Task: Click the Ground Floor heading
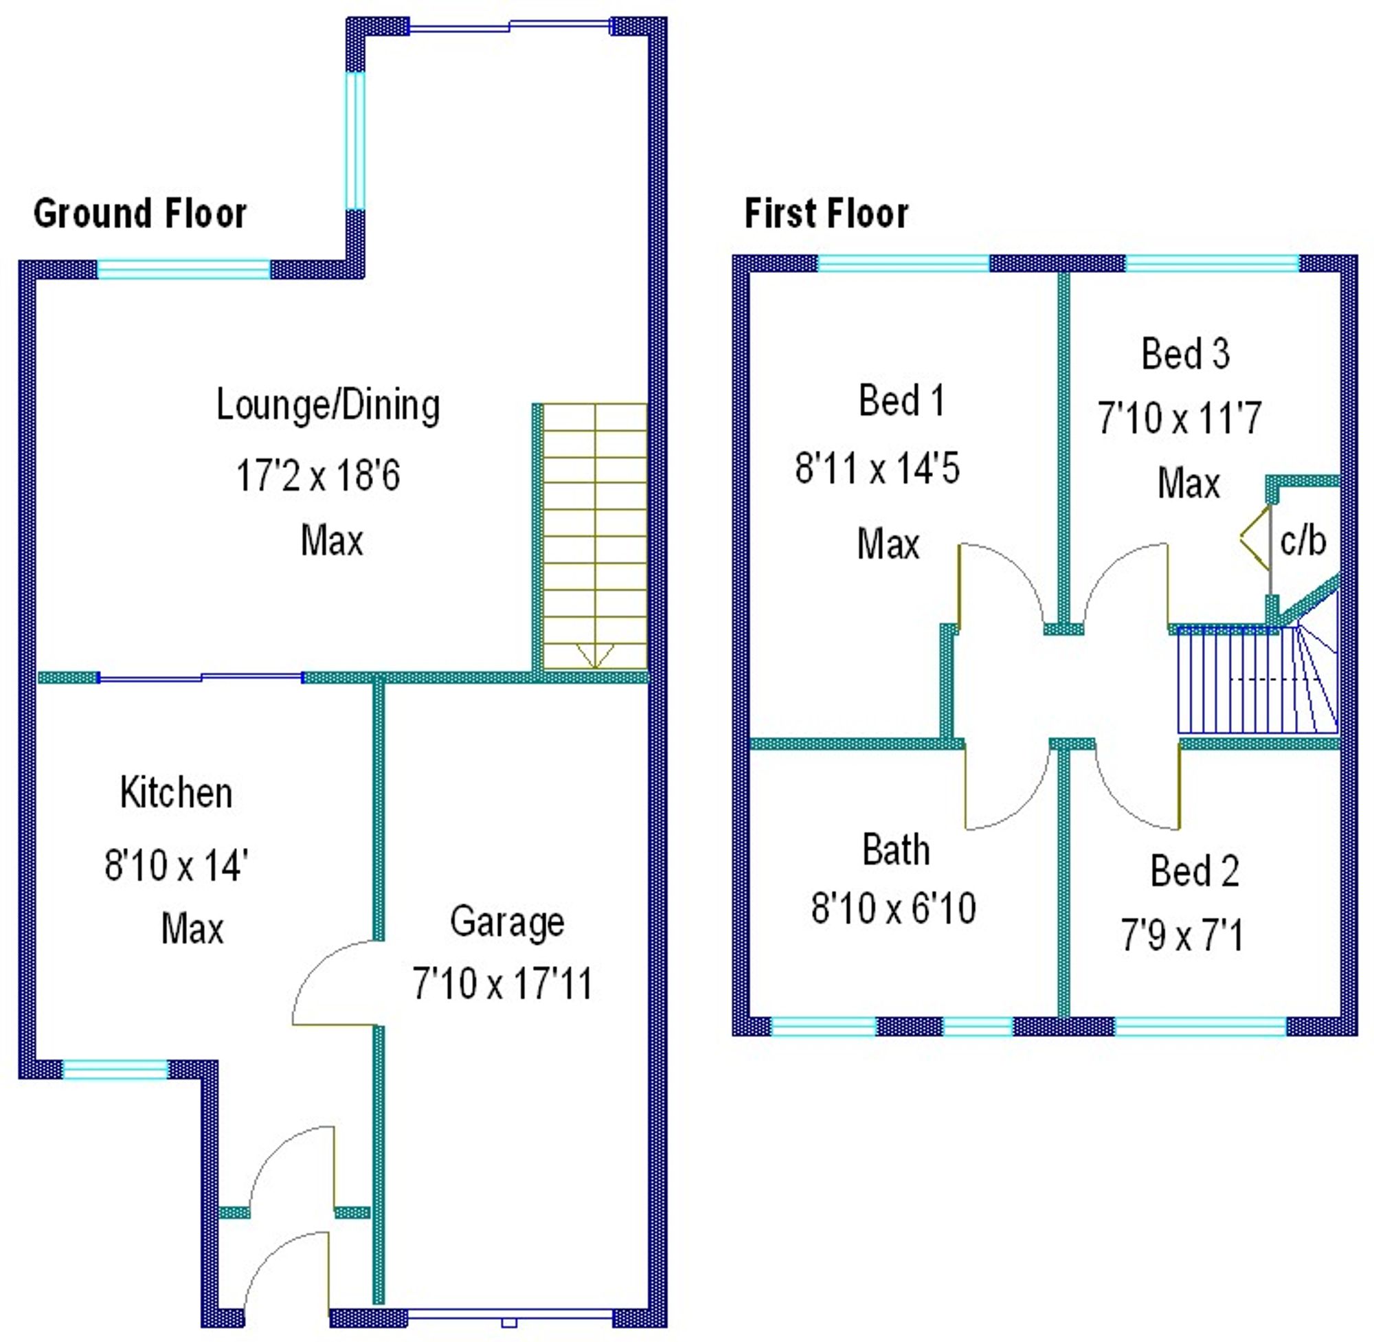[139, 214]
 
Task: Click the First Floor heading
[826, 214]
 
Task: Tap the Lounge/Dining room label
[328, 405]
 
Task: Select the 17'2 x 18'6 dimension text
[318, 475]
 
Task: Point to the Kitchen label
[175, 793]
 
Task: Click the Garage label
[506, 921]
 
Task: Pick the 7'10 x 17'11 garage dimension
[502, 983]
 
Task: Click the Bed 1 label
[901, 401]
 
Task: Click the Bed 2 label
[1194, 871]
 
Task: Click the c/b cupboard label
[1303, 541]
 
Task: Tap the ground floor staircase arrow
[595, 656]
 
